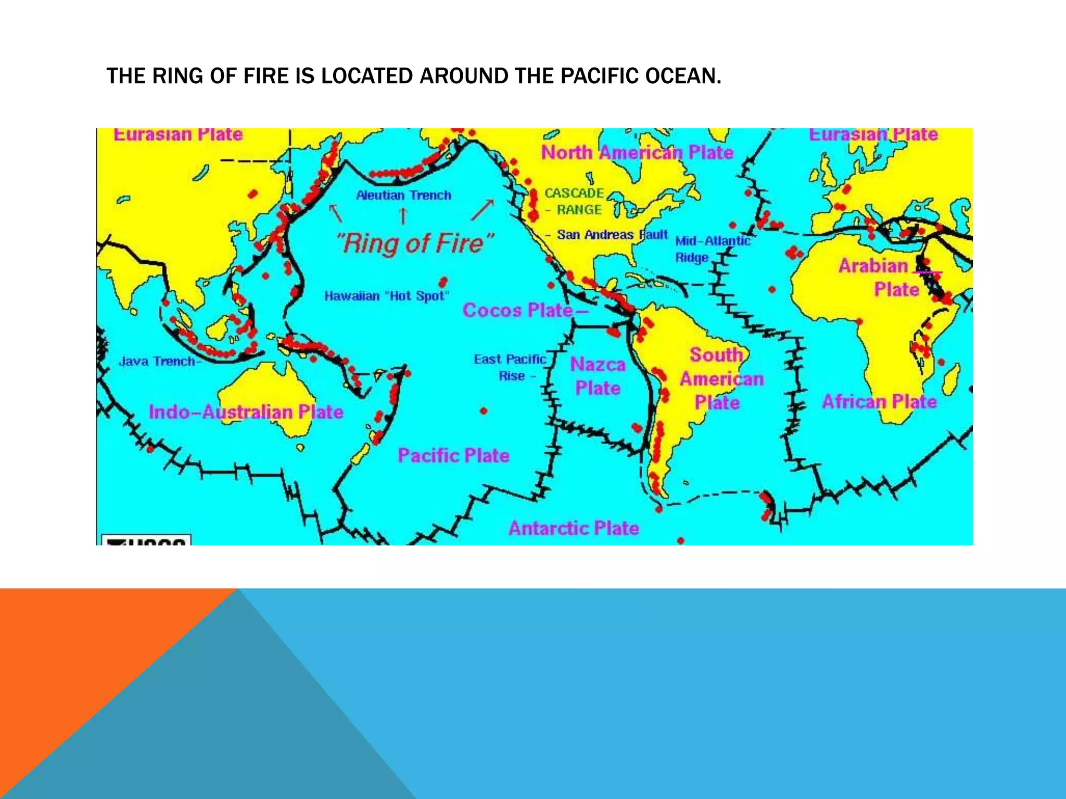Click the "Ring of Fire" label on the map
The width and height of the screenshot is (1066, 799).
414,243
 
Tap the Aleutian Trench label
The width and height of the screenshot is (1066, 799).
403,195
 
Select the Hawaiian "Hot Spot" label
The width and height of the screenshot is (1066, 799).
386,296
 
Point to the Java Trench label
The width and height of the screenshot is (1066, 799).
157,361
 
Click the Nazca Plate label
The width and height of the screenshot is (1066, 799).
598,376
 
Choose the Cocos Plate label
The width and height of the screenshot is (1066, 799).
517,311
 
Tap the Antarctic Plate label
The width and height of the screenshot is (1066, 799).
574,528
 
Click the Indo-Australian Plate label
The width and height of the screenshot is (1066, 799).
246,412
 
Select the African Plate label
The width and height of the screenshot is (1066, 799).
879,402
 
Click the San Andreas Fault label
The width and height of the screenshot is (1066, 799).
612,235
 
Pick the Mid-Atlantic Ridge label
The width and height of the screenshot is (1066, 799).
712,249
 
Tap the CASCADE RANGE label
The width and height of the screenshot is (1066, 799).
574,201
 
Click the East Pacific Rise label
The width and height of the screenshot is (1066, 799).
510,367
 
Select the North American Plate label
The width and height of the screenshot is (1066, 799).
637,152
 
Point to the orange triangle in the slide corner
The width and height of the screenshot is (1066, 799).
78,650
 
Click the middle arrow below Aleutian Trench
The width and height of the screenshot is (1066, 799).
403,216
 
